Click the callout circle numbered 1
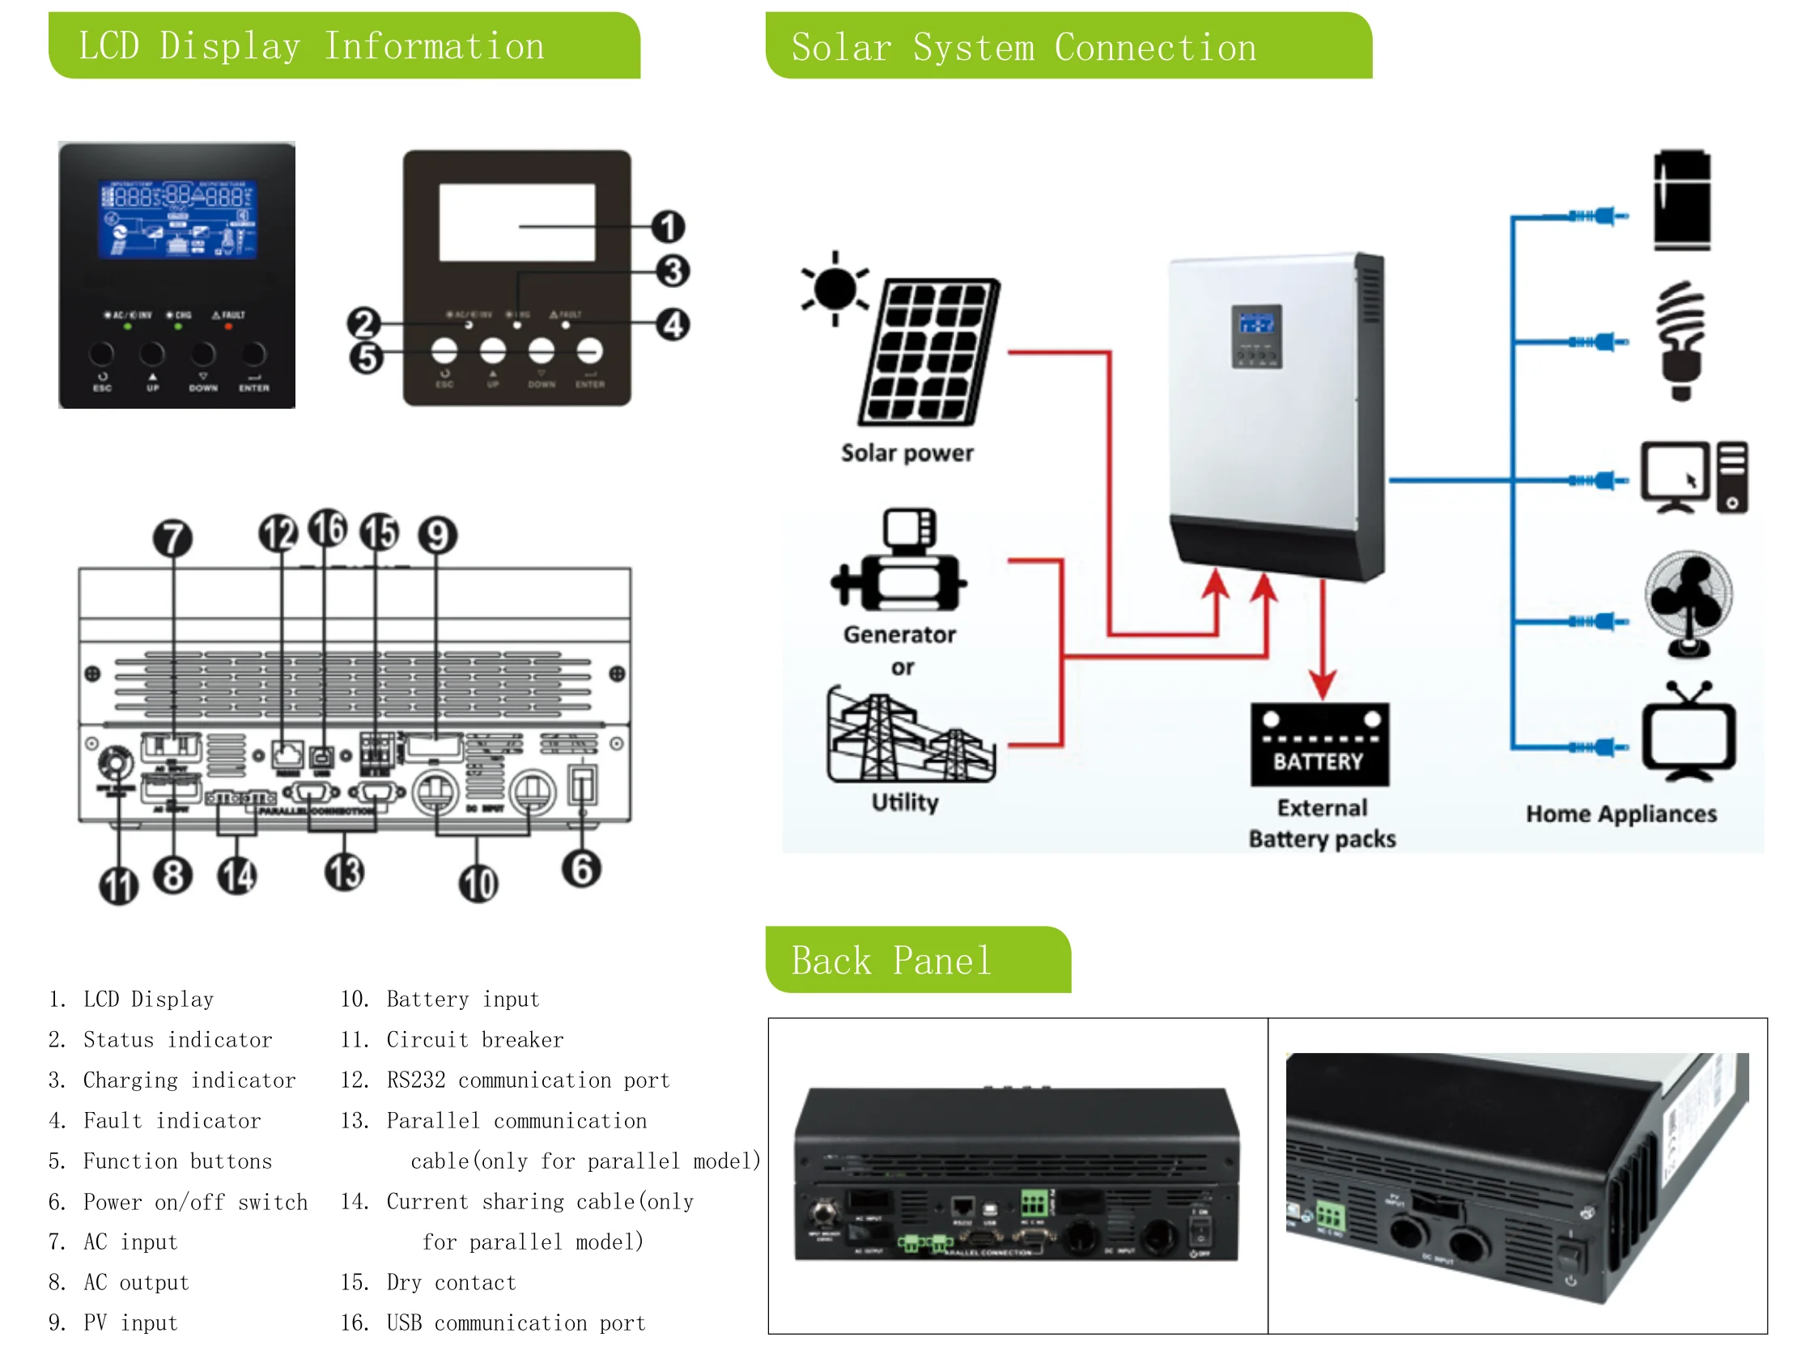pyautogui.click(x=668, y=227)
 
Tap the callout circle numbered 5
pyautogui.click(x=366, y=358)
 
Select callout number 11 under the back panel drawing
pyautogui.click(x=118, y=885)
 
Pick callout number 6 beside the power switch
pyautogui.click(x=580, y=869)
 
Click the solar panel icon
pyautogui.click(x=930, y=351)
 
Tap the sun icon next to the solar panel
pyautogui.click(x=835, y=289)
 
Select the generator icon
pyautogui.click(x=900, y=561)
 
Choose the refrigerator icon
pyautogui.click(x=1681, y=200)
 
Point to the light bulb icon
pyautogui.click(x=1681, y=339)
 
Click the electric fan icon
pyautogui.click(x=1688, y=604)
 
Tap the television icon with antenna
pyautogui.click(x=1688, y=733)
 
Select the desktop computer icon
pyautogui.click(x=1693, y=478)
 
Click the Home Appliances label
pyautogui.click(x=1621, y=813)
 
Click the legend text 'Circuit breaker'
pyautogui.click(x=474, y=1040)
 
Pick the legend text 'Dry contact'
pyautogui.click(x=450, y=1283)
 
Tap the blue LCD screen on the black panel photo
pyautogui.click(x=178, y=219)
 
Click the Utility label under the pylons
pyautogui.click(x=904, y=802)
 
